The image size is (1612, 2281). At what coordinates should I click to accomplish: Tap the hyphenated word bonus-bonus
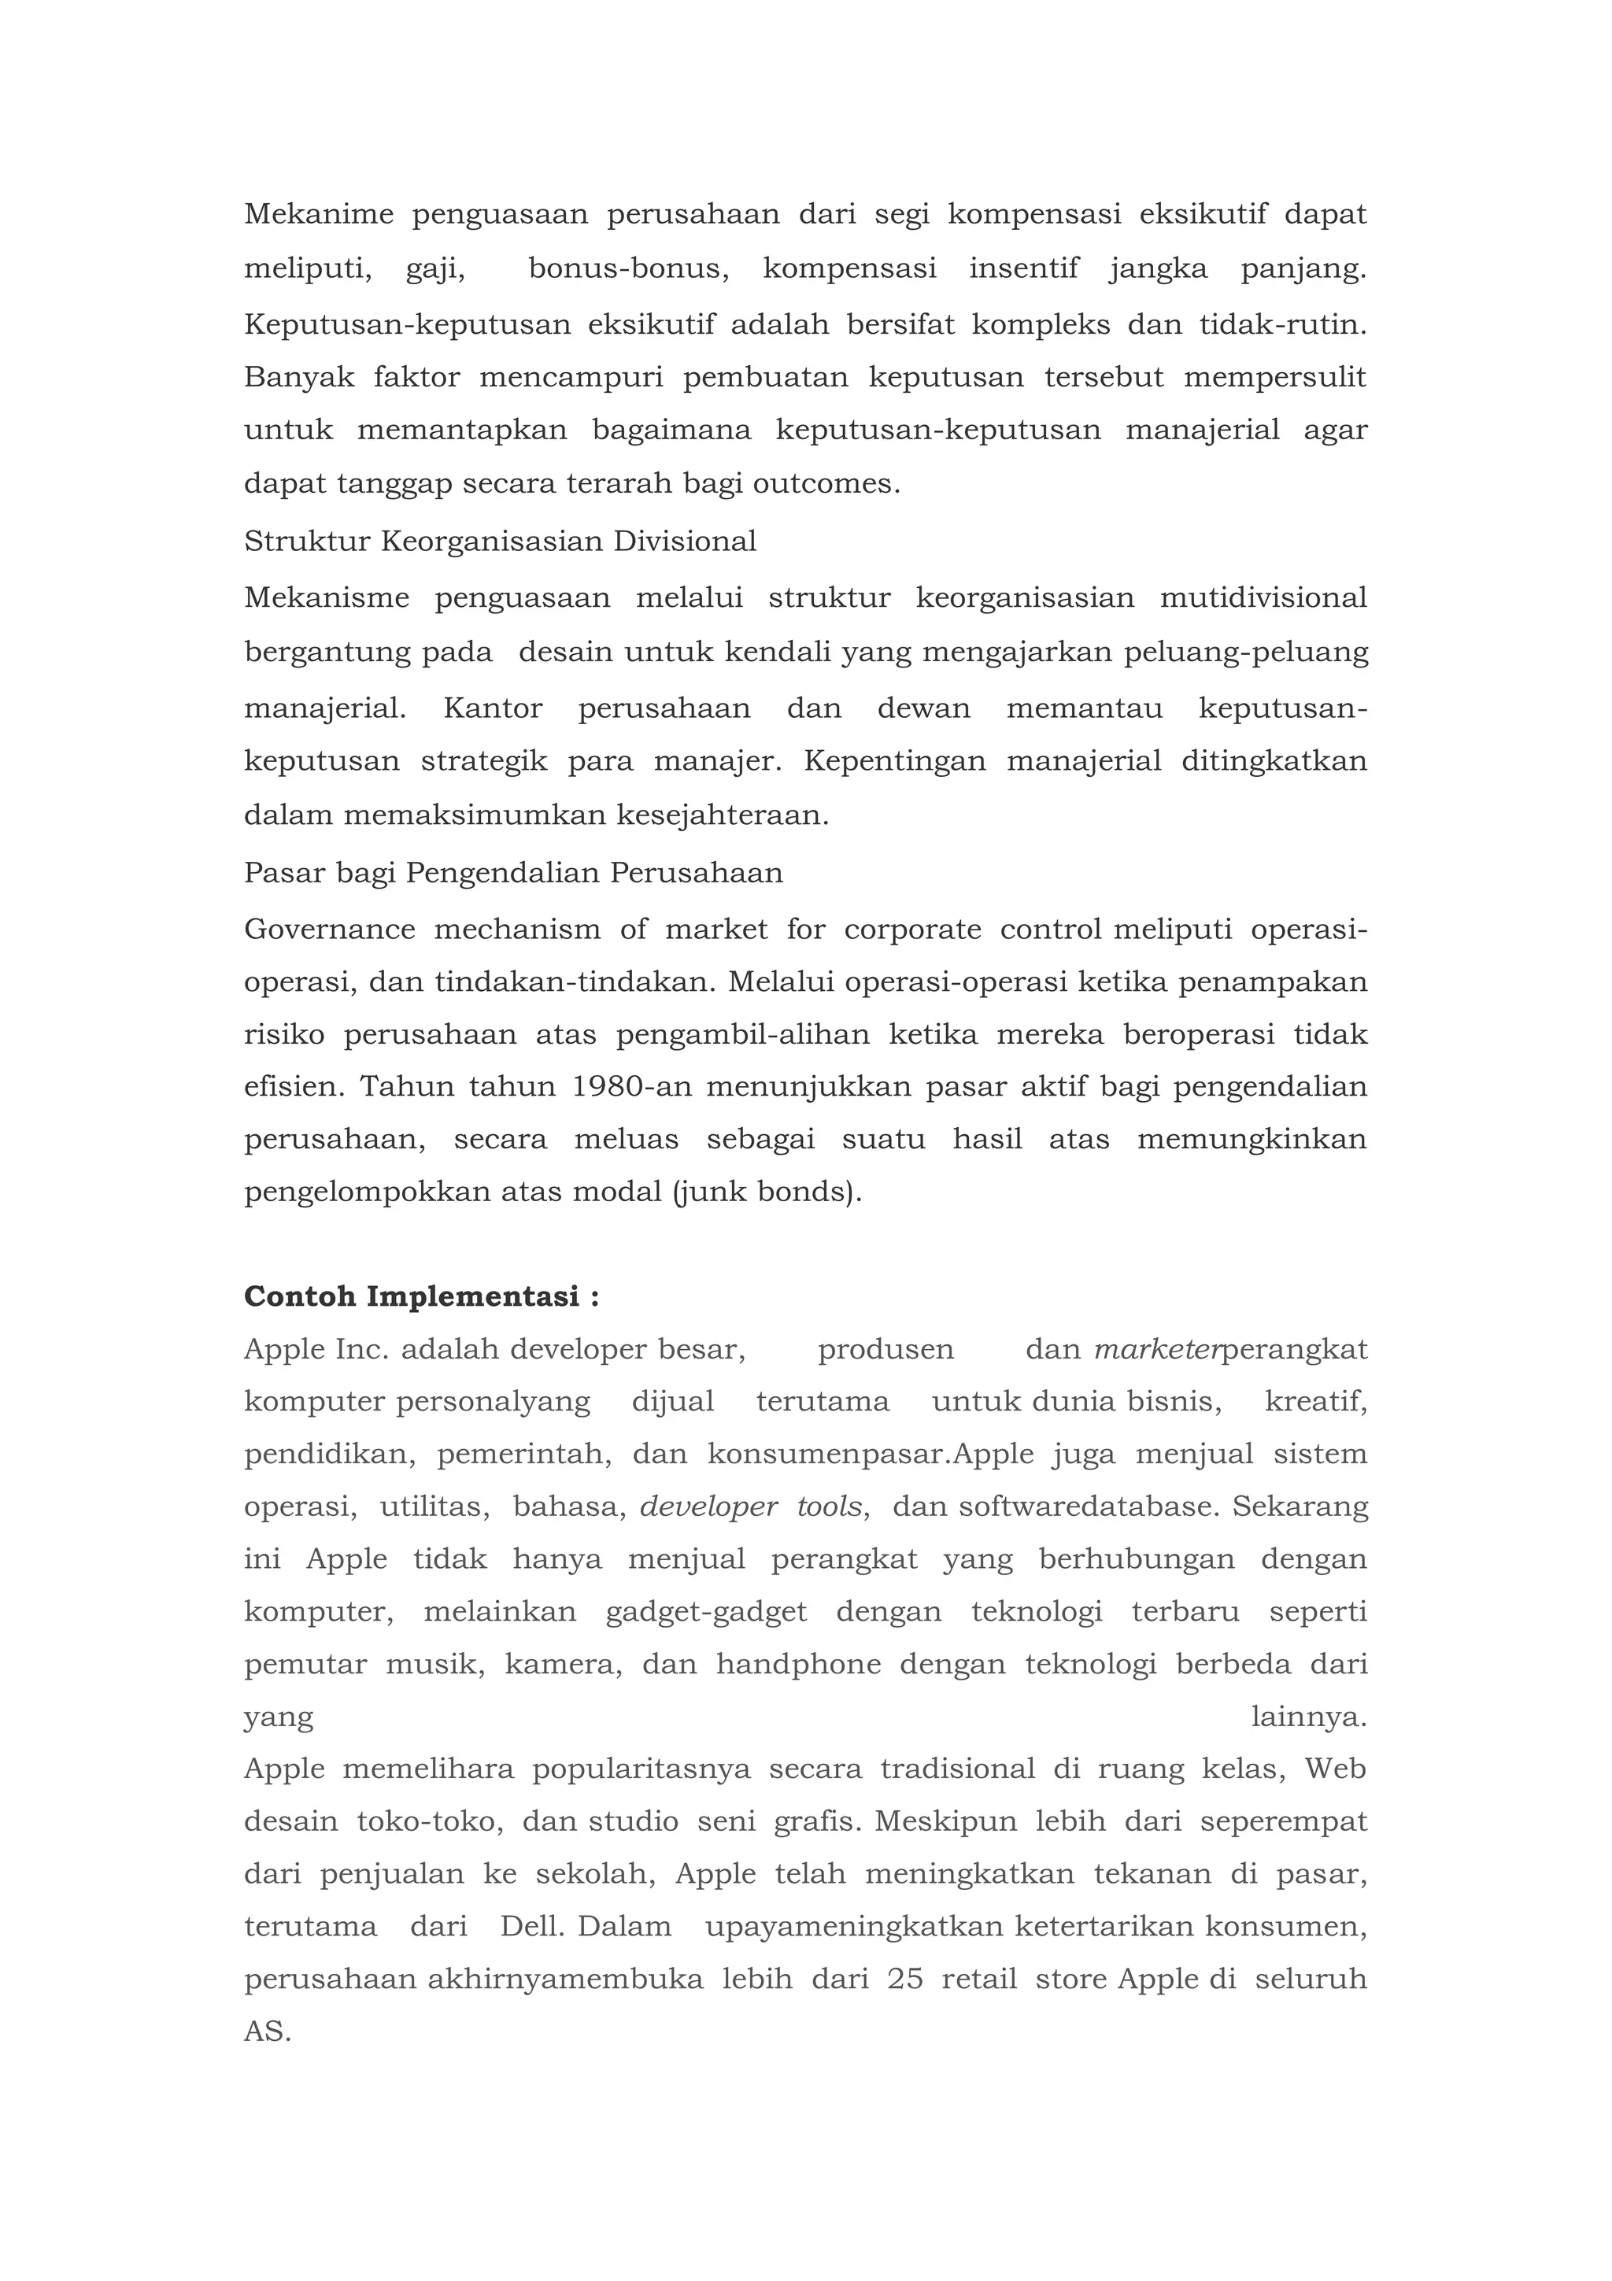click(x=627, y=269)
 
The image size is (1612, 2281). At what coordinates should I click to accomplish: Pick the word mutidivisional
click(x=1263, y=598)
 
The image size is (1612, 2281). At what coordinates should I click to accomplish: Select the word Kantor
click(x=493, y=709)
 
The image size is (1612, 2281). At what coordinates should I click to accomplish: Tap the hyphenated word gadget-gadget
click(x=706, y=1611)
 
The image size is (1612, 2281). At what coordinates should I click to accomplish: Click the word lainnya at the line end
click(x=1307, y=1717)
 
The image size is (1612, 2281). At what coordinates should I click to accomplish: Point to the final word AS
click(x=266, y=2031)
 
